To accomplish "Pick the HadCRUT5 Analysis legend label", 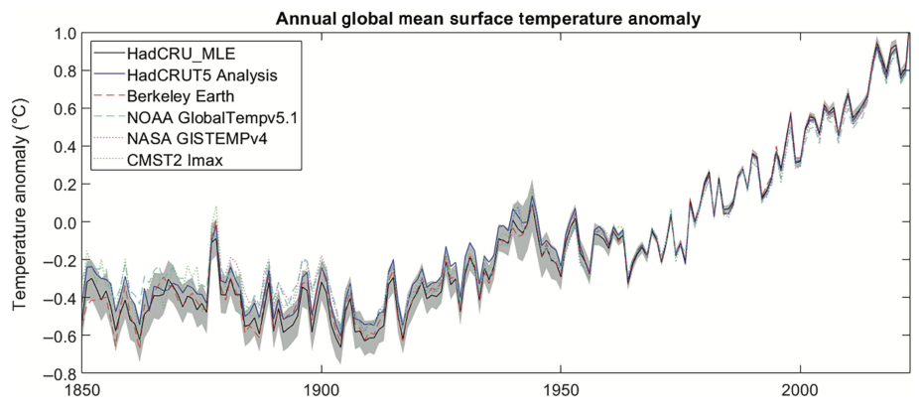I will [199, 73].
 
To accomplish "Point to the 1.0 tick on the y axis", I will [62, 33].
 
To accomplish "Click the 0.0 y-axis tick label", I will [62, 222].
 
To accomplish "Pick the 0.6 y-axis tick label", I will [62, 108].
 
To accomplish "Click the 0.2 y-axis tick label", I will [62, 185].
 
